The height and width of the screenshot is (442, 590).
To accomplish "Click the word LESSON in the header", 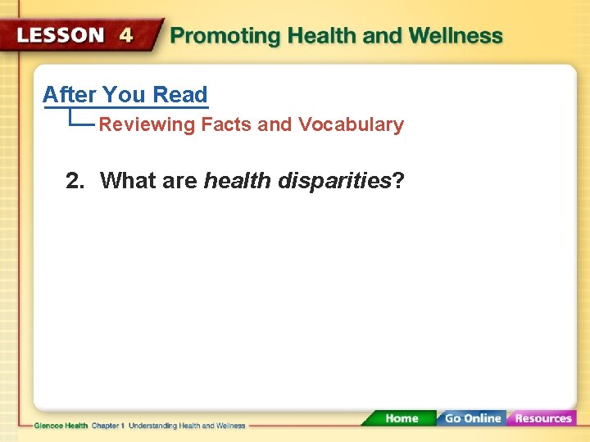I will tap(61, 36).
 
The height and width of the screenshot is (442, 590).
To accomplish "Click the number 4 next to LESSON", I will tap(125, 36).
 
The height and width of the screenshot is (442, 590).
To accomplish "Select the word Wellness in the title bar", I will tap(456, 36).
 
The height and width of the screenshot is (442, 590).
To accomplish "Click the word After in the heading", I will tap(70, 95).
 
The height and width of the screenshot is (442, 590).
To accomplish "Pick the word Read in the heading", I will tap(179, 95).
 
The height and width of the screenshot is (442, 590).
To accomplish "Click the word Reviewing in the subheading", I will tap(147, 125).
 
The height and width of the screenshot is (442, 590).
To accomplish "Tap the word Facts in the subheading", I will tap(226, 124).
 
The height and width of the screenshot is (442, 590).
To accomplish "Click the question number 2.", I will tap(75, 181).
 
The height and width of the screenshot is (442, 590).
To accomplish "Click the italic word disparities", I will tap(334, 181).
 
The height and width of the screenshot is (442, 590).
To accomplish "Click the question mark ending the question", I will tap(398, 180).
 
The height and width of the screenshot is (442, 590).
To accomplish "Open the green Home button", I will tap(401, 418).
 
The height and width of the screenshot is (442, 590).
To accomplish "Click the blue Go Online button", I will tap(471, 418).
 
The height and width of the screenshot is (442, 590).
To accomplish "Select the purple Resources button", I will tap(542, 418).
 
